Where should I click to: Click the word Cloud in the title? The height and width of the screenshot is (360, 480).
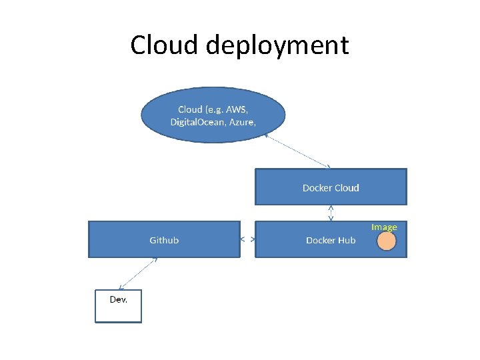click(x=164, y=45)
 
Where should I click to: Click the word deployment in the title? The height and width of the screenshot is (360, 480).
click(x=277, y=46)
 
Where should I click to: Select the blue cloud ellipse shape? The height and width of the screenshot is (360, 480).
click(x=213, y=115)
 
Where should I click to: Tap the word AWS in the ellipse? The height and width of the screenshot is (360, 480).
click(x=237, y=109)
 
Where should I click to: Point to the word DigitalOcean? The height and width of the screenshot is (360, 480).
click(x=197, y=122)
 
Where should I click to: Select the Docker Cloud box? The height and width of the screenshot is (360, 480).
click(x=331, y=187)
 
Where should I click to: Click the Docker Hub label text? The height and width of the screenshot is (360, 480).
click(x=331, y=240)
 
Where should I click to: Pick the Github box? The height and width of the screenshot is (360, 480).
click(x=164, y=239)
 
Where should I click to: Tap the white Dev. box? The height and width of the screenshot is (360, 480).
click(x=119, y=306)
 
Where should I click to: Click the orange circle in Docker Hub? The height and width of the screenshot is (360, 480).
click(x=386, y=241)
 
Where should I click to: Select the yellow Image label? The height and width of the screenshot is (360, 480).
click(x=384, y=227)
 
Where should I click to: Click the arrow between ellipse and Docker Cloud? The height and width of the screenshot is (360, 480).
click(x=298, y=151)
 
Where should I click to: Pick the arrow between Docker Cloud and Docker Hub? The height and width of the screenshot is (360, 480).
click(x=331, y=213)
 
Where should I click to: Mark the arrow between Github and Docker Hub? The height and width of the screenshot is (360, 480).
click(x=247, y=239)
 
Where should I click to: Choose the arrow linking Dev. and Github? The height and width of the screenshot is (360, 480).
click(x=138, y=274)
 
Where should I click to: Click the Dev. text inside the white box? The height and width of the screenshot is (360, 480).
click(x=119, y=299)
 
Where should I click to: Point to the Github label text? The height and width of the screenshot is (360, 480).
click(x=164, y=240)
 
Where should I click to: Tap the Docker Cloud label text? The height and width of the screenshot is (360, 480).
click(x=331, y=187)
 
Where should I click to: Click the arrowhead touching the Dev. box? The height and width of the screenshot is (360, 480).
click(x=120, y=288)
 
